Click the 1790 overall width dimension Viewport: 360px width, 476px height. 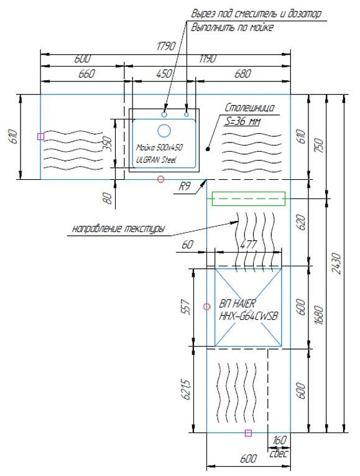point(166,46)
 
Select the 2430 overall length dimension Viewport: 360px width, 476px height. point(336,263)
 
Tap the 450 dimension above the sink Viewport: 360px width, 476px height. point(164,74)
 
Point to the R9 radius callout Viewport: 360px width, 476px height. point(185,186)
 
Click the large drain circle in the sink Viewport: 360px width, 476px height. point(164,131)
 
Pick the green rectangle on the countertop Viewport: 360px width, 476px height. point(248,198)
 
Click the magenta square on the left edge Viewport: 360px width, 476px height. point(40,137)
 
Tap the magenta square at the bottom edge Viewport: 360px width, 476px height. point(248,433)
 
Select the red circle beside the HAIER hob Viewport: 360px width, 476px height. point(206,307)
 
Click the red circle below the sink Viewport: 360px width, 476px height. point(161,179)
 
